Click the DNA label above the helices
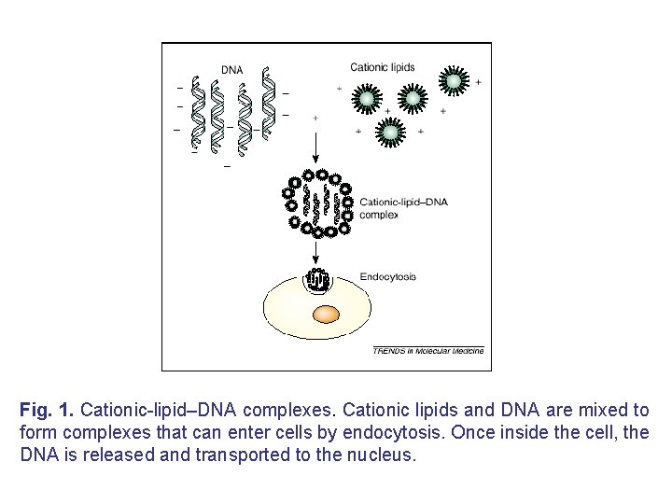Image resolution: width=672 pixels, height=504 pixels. click(x=232, y=69)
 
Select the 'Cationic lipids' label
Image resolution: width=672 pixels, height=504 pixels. click(x=383, y=66)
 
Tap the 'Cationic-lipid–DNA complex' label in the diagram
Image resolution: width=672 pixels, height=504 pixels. click(x=391, y=207)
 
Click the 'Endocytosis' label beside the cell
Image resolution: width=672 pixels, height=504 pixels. click(x=387, y=276)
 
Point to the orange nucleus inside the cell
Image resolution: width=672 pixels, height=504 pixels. click(x=325, y=315)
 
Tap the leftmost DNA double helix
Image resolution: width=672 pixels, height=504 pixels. click(x=197, y=112)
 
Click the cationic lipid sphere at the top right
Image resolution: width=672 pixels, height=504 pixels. click(x=454, y=81)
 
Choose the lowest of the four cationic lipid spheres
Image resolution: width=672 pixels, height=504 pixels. click(x=390, y=133)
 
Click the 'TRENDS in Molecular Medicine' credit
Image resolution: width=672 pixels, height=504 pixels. click(x=428, y=351)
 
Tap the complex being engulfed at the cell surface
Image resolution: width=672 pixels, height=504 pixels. click(x=317, y=280)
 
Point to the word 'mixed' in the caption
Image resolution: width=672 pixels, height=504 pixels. click(x=595, y=411)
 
